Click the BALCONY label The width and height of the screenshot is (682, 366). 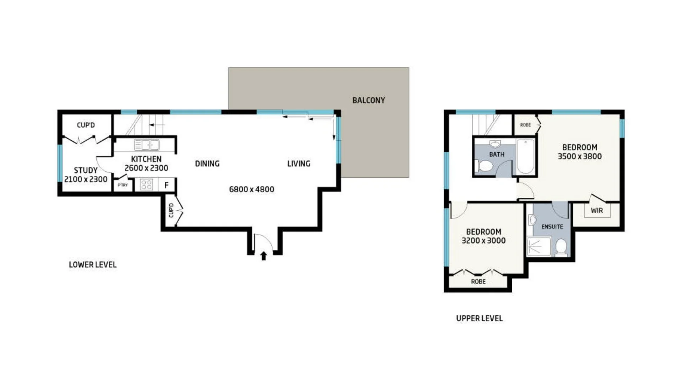[368, 101]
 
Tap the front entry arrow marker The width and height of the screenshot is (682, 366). [264, 256]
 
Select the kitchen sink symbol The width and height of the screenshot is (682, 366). [146, 145]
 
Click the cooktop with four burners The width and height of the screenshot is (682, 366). [146, 185]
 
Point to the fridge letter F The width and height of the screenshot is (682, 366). [166, 185]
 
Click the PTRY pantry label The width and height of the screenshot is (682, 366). [123, 185]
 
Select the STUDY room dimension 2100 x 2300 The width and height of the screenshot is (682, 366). [86, 179]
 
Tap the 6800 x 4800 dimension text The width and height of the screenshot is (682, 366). [251, 189]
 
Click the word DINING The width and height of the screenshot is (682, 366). [207, 164]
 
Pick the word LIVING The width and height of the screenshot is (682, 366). [299, 164]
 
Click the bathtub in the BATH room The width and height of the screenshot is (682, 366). [525, 156]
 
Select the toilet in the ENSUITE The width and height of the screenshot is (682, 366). [561, 247]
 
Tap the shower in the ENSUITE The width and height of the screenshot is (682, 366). [538, 246]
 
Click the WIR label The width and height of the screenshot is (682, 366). [597, 211]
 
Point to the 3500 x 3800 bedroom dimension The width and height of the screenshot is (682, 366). [580, 157]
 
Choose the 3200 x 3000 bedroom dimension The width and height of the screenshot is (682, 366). [483, 241]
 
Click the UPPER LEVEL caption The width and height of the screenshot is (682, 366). [479, 318]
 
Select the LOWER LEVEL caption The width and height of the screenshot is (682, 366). [93, 265]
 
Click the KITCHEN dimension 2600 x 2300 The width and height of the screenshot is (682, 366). [146, 168]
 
